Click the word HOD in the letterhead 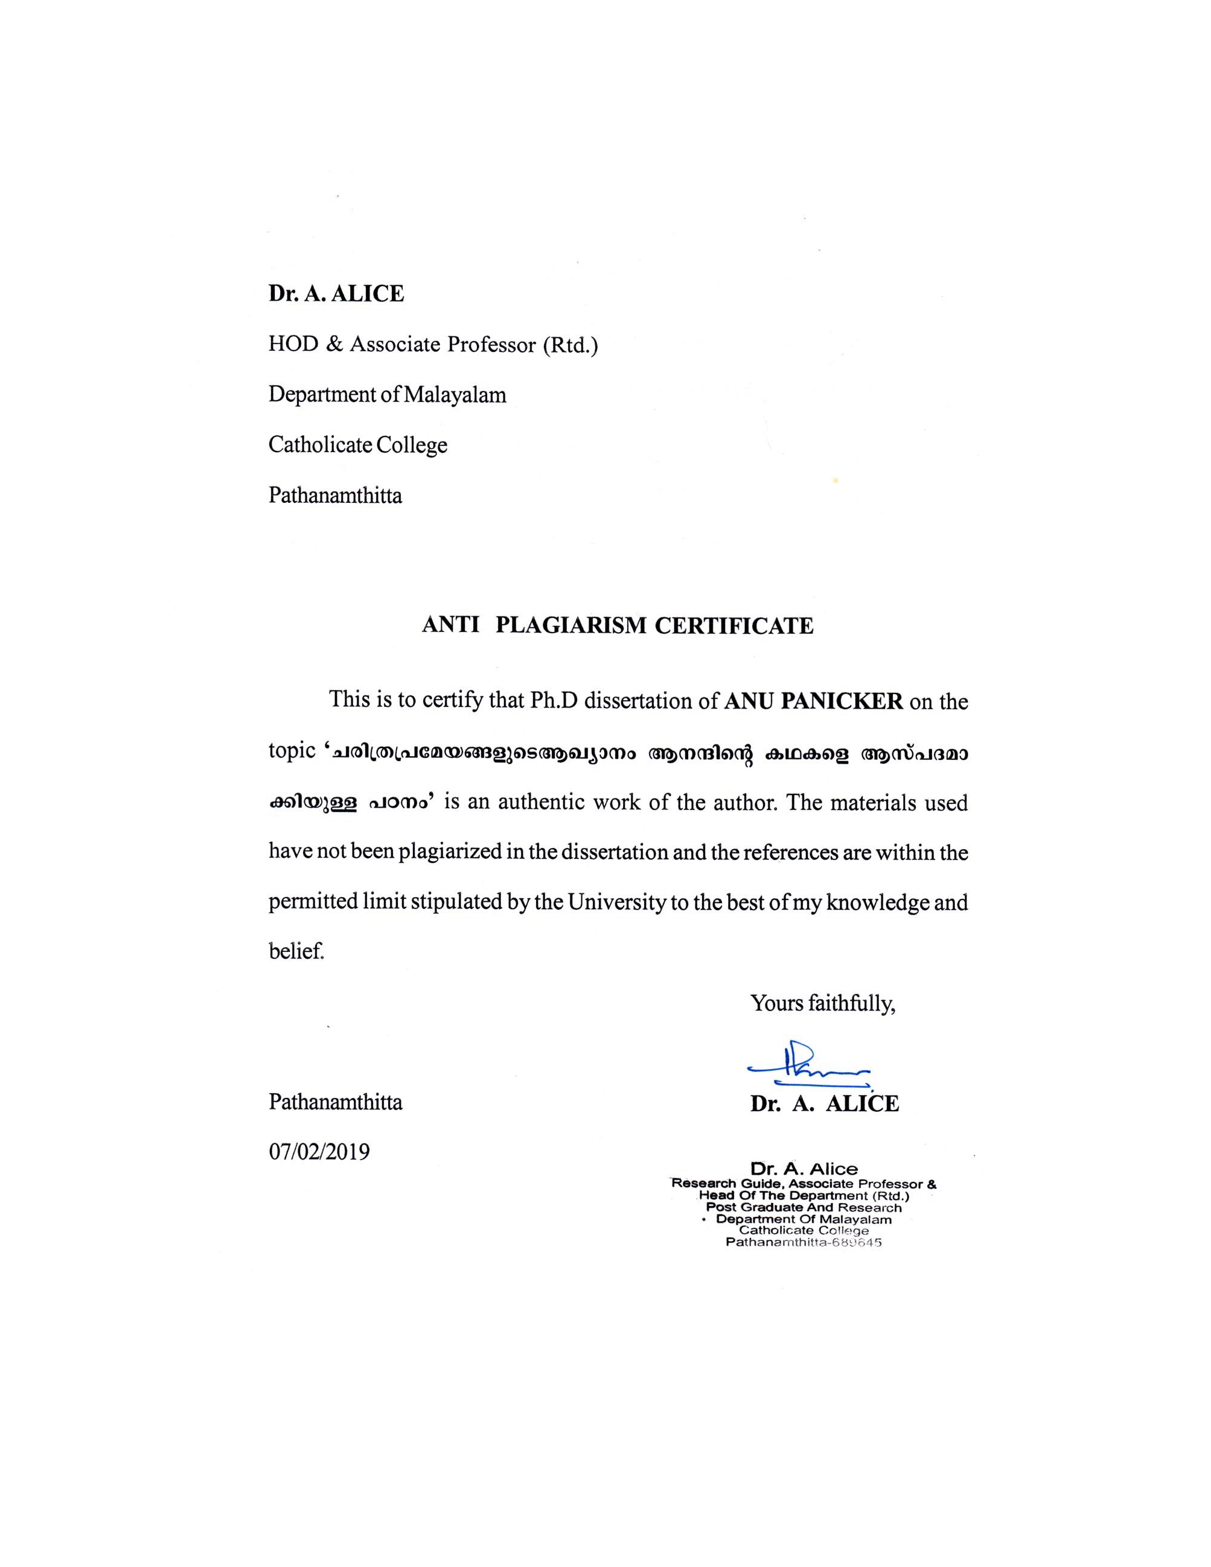[293, 345]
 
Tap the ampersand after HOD [334, 345]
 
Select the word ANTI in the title [450, 625]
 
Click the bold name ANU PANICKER [814, 701]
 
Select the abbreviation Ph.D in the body [553, 701]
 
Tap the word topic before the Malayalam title [292, 752]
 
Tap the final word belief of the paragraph [296, 952]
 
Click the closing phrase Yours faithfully [823, 1003]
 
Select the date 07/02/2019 [319, 1152]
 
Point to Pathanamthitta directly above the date [335, 1102]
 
